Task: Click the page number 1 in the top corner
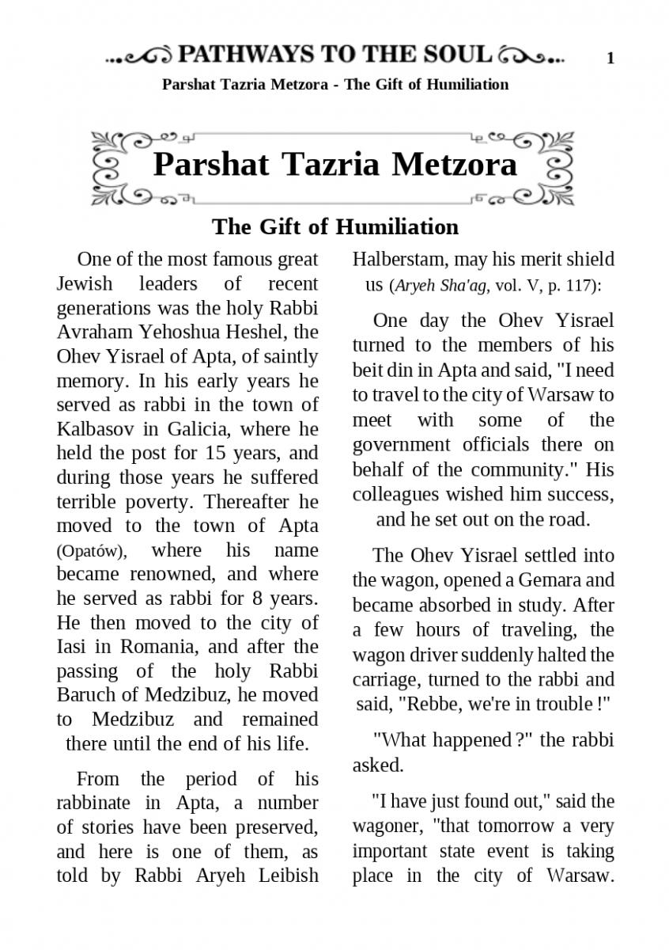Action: coord(610,58)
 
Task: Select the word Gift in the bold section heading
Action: coord(281,226)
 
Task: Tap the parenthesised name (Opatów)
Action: coord(89,551)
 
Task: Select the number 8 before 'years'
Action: coord(255,598)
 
